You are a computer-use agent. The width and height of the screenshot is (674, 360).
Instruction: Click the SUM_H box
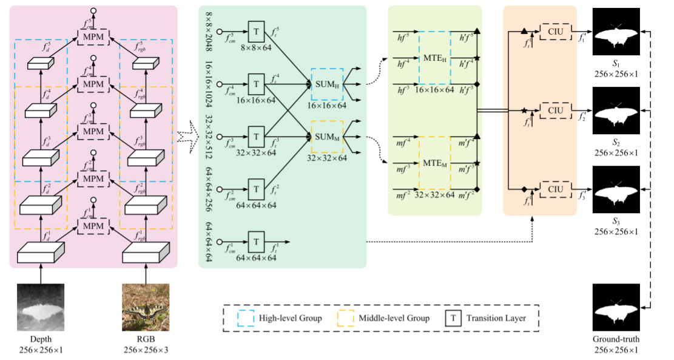coord(327,84)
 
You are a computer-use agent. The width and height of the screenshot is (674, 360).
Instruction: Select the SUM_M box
coord(327,137)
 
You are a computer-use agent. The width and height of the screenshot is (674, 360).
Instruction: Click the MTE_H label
coord(435,59)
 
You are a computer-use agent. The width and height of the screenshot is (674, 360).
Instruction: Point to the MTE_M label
coord(435,164)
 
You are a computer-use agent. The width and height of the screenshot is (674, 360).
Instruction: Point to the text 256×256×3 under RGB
coord(145,350)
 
